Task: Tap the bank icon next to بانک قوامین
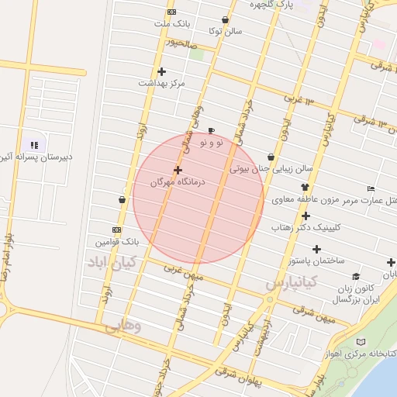(x=116, y=230)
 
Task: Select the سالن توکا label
(x=225, y=31)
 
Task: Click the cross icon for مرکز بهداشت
(x=161, y=72)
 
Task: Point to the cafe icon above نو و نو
(x=211, y=130)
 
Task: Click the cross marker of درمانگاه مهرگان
(x=178, y=169)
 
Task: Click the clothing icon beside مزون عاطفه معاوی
(x=305, y=187)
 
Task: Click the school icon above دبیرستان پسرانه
(x=33, y=144)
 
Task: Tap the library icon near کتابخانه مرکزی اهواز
(x=360, y=342)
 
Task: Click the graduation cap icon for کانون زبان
(x=356, y=276)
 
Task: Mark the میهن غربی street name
(x=183, y=272)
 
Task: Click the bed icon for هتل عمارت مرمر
(x=371, y=189)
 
